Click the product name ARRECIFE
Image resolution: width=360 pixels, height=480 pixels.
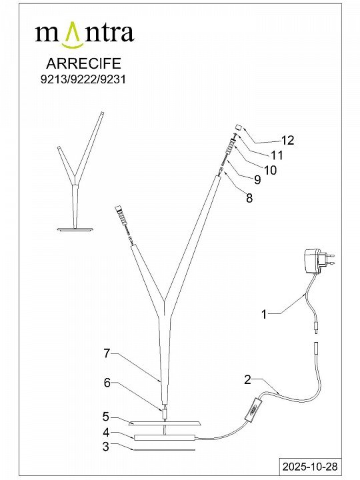point(83,63)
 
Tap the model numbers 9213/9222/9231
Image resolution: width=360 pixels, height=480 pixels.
point(83,79)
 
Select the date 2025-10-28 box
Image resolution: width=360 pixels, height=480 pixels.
point(310,467)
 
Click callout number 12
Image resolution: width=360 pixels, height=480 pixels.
point(288,140)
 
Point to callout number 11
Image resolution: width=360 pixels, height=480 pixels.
point(277,155)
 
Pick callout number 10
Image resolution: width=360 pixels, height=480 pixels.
point(270,170)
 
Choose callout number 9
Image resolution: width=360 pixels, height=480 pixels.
point(257,180)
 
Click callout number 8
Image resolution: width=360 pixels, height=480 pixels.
point(249,198)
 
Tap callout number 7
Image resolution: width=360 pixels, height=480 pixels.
point(107,353)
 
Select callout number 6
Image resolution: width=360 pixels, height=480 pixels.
point(107,383)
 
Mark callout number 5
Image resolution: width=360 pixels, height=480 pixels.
point(105,417)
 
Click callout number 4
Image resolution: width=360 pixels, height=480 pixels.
point(106,433)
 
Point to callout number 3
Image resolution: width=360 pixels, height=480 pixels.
point(105,447)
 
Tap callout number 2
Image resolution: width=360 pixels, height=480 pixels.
point(247,380)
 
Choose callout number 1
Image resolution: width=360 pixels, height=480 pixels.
point(264,314)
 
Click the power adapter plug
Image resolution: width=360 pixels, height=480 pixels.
point(319,261)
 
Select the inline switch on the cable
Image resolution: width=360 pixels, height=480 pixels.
point(253,409)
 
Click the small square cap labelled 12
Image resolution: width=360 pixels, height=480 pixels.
point(239,127)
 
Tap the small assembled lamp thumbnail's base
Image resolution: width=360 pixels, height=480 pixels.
point(75,229)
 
